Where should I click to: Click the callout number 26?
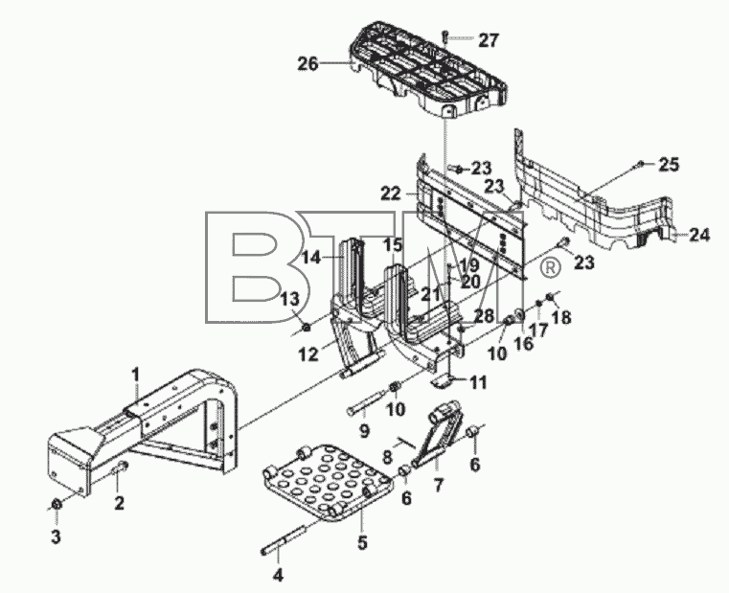coord(308,64)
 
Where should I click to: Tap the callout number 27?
coord(489,40)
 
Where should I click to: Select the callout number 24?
coord(699,235)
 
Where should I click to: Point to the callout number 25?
coord(669,165)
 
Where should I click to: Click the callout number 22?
coord(391,193)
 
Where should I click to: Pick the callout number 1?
coord(135,373)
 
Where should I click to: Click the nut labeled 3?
coord(57,504)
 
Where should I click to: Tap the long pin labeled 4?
coord(284,539)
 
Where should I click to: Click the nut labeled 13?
coord(307,329)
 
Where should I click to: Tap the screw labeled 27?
coord(445,35)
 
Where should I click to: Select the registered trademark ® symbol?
coord(550,266)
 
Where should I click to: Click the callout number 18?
coord(561,318)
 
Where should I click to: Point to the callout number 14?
coord(312,257)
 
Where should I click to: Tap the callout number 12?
coord(308,354)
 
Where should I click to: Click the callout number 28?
coord(484,316)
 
